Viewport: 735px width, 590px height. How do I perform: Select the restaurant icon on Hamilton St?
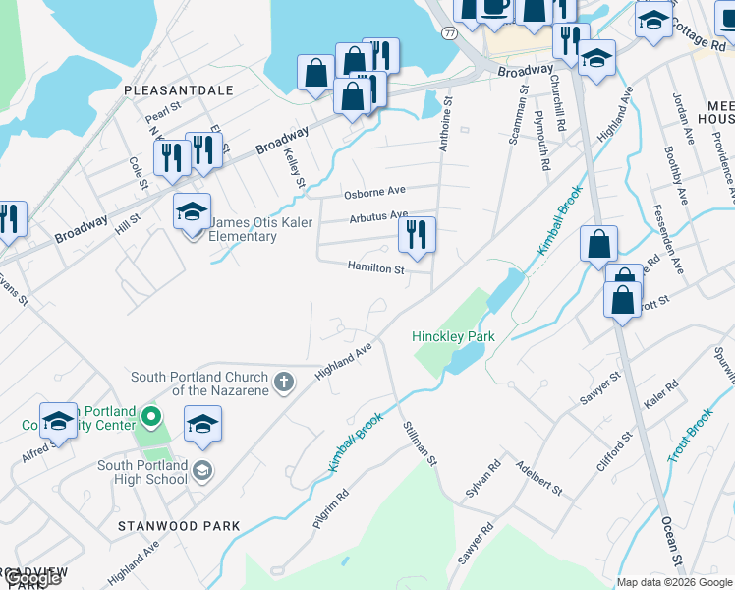click(x=417, y=236)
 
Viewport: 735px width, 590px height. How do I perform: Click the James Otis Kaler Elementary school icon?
click(x=192, y=211)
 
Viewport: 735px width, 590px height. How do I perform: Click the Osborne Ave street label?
click(x=374, y=192)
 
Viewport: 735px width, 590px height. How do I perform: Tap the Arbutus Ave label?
click(x=378, y=215)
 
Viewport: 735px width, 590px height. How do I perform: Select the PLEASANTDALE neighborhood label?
click(x=179, y=90)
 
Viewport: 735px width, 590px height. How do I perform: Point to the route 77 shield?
click(x=449, y=32)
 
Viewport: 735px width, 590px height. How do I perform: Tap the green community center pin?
click(x=150, y=418)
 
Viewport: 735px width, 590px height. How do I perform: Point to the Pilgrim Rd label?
click(x=330, y=510)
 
